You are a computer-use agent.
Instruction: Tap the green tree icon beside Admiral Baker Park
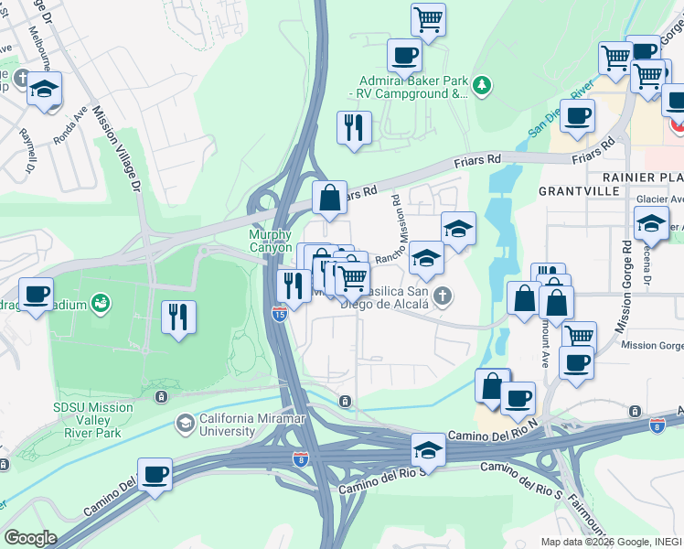pyautogui.click(x=483, y=87)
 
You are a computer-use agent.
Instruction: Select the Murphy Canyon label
pyautogui.click(x=271, y=241)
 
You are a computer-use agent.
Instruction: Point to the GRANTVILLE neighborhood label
pyautogui.click(x=573, y=192)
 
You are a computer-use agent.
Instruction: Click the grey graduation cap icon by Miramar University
pyautogui.click(x=186, y=423)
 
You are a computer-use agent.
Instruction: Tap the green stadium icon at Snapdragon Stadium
pyautogui.click(x=100, y=303)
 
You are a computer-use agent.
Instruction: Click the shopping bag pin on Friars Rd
pyautogui.click(x=329, y=196)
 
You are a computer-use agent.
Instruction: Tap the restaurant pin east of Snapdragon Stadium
pyautogui.click(x=178, y=317)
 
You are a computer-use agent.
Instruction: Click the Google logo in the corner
pyautogui.click(x=30, y=538)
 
